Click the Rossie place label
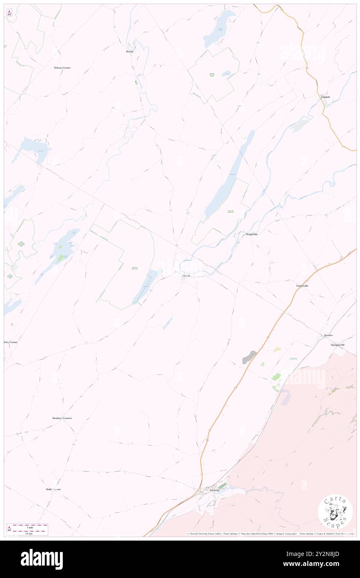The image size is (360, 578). click(x=130, y=52)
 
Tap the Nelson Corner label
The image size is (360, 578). click(x=62, y=67)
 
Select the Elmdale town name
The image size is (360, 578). click(x=325, y=97)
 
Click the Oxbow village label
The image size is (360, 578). click(x=186, y=275)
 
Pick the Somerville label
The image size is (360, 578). click(x=302, y=286)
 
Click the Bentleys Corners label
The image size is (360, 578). click(x=62, y=418)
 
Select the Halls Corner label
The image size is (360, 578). click(x=54, y=489)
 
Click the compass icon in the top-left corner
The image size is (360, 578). click(x=9, y=13)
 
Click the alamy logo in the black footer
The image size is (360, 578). click(x=42, y=559)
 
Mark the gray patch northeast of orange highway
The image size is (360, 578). click(x=249, y=357)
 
